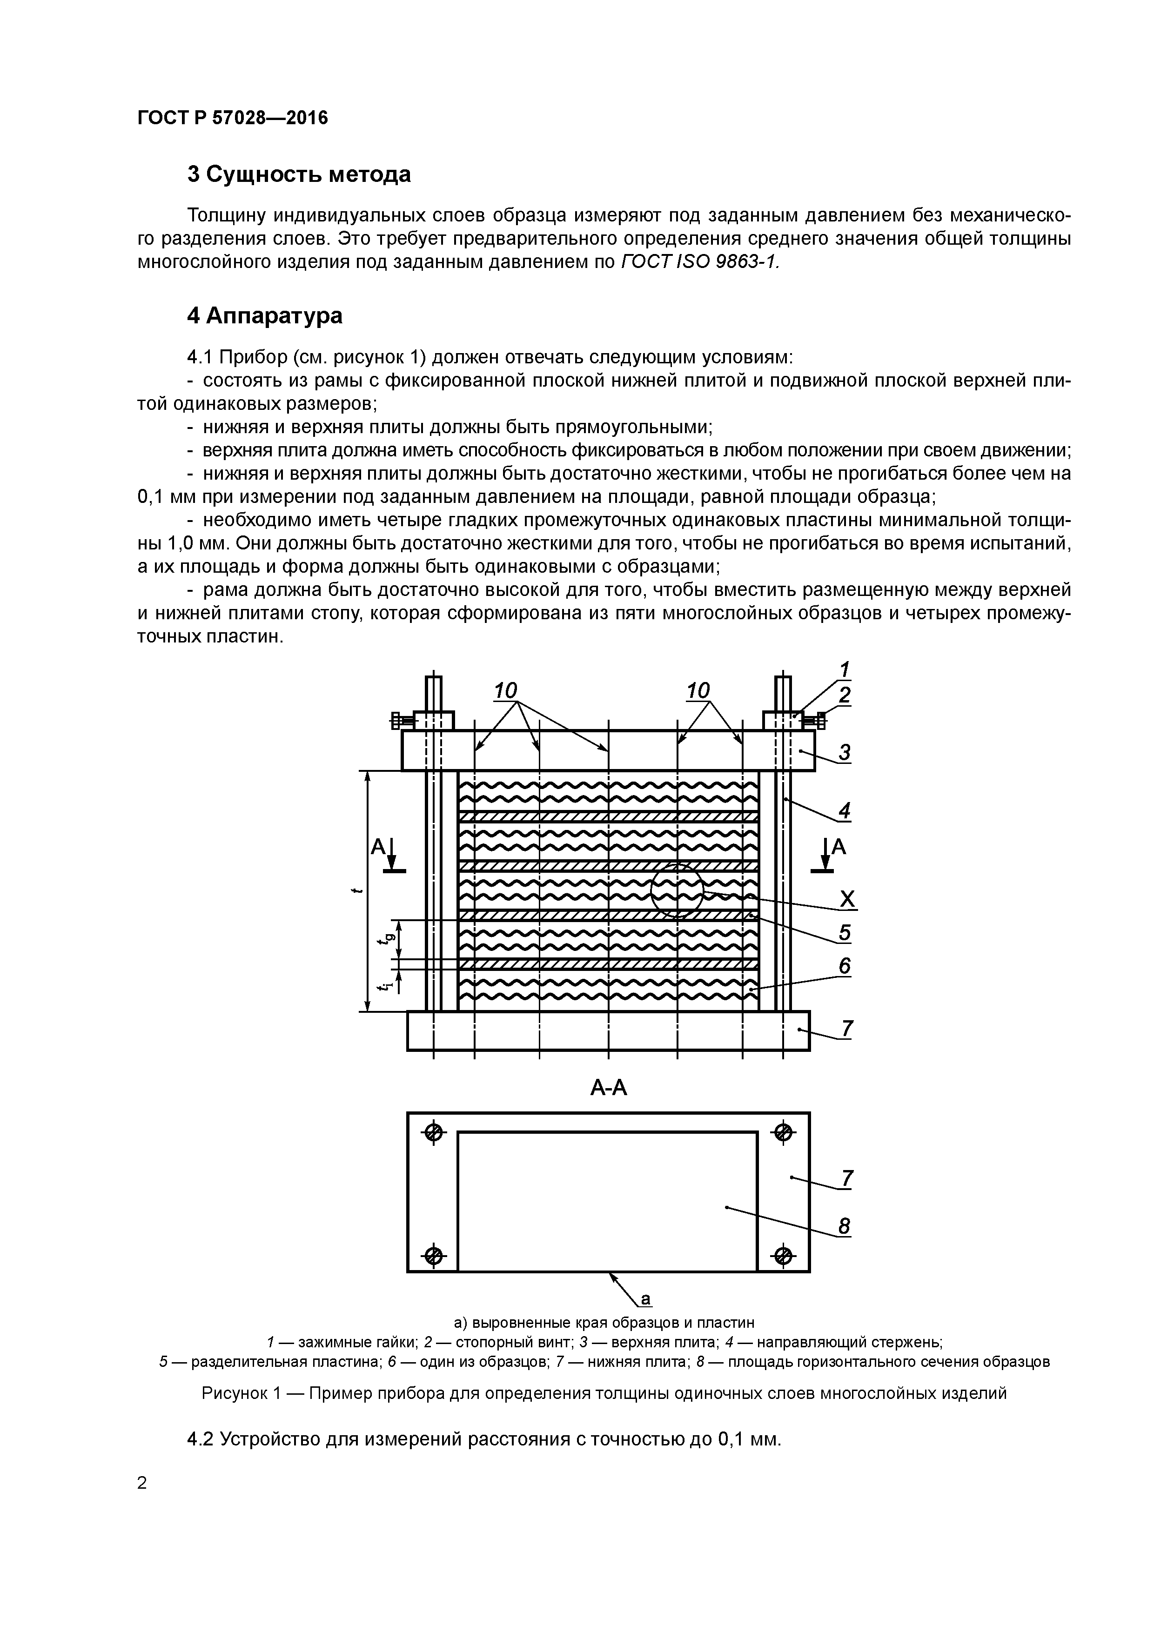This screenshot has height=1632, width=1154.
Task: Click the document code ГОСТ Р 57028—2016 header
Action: (x=233, y=118)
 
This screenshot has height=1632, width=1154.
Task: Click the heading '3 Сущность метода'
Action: (x=299, y=174)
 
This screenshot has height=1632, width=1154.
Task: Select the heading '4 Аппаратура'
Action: (x=264, y=315)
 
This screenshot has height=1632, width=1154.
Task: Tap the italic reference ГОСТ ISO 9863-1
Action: (x=700, y=261)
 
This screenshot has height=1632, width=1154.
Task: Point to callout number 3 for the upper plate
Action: (x=844, y=752)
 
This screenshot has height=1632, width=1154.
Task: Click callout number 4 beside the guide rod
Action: (x=844, y=810)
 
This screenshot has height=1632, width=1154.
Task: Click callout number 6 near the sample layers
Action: (x=844, y=966)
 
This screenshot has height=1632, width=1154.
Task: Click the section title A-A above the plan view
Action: (x=609, y=1088)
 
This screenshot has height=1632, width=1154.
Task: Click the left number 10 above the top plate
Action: (x=505, y=691)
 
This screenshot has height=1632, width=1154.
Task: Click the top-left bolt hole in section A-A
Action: (x=434, y=1132)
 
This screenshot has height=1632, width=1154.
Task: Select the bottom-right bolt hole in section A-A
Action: (x=782, y=1255)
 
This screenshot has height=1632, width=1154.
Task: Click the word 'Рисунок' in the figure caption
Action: (x=233, y=1393)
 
